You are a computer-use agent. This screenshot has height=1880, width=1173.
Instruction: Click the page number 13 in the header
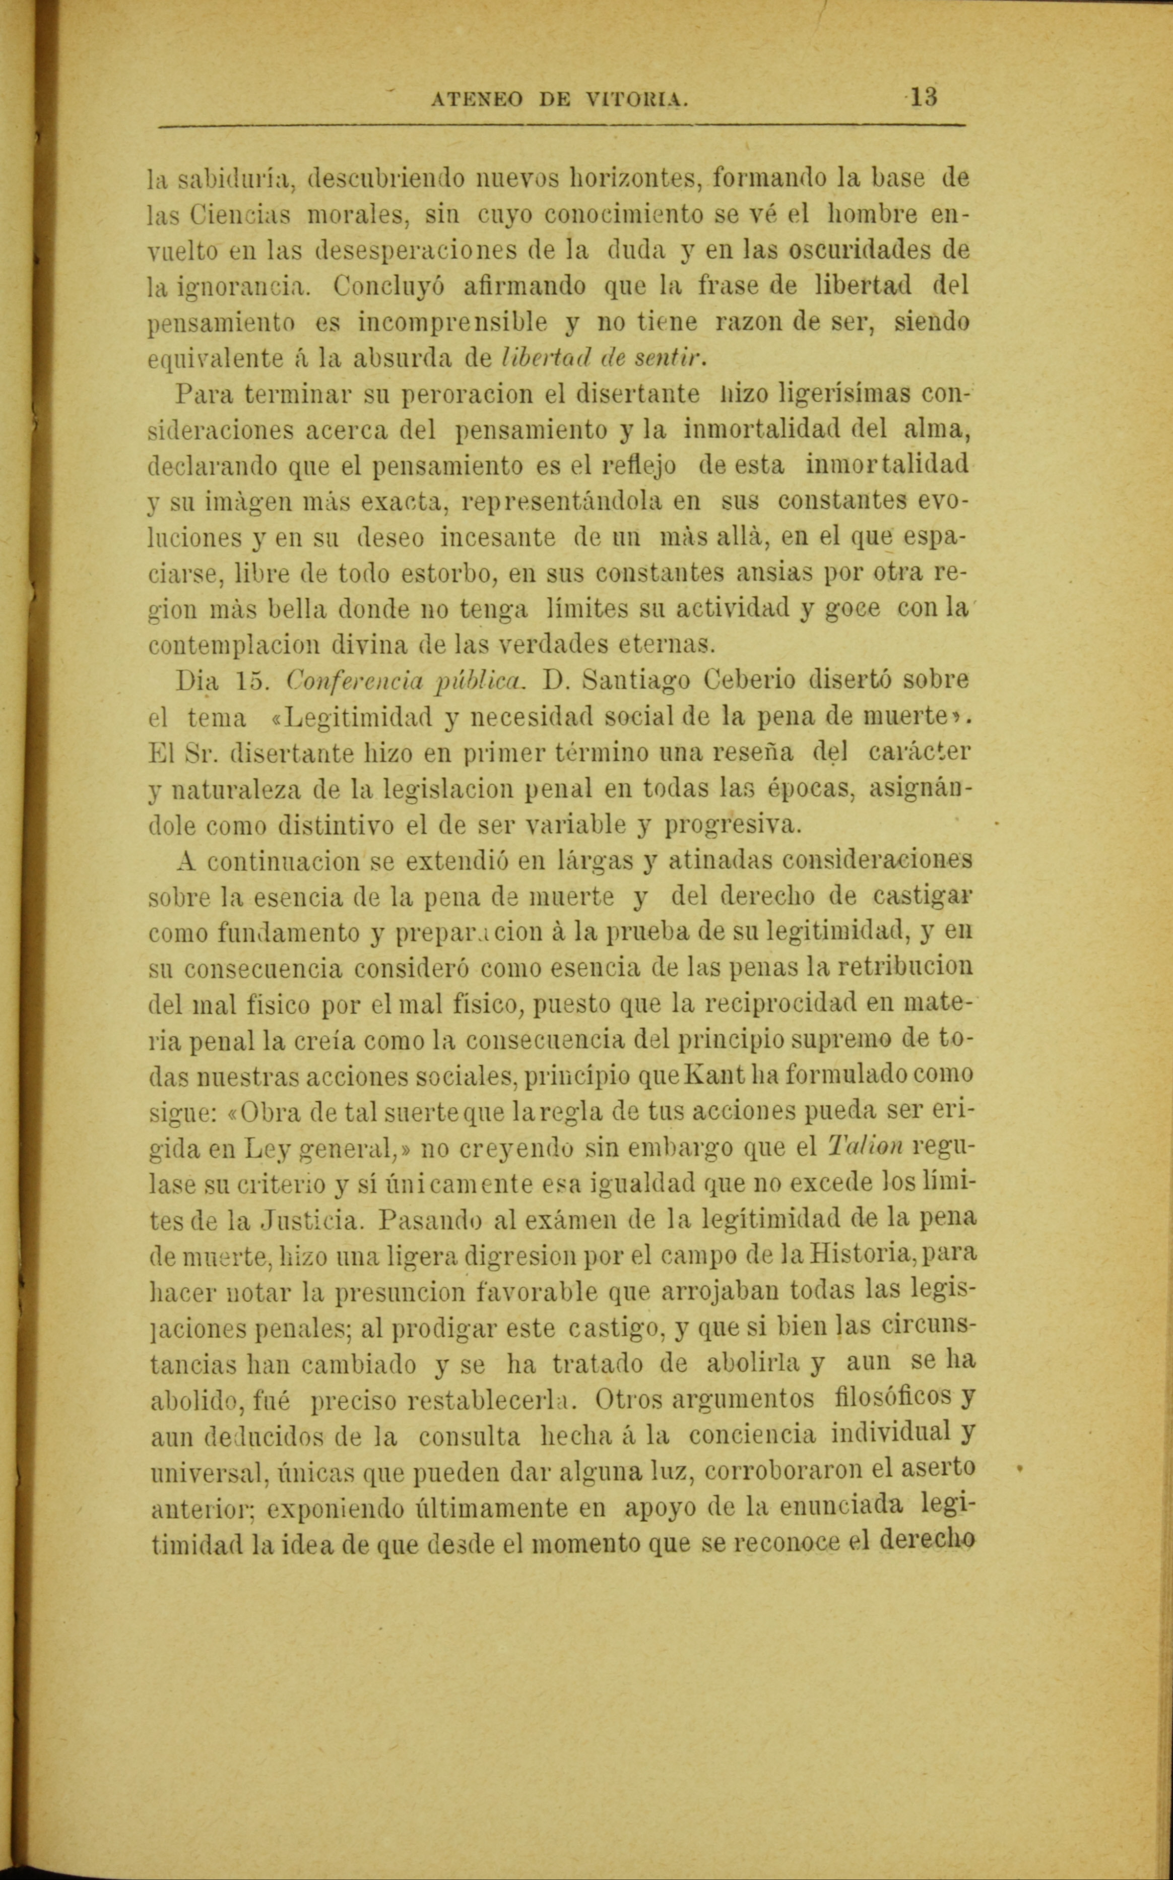924,99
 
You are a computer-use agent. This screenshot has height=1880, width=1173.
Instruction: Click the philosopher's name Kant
699,1076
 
